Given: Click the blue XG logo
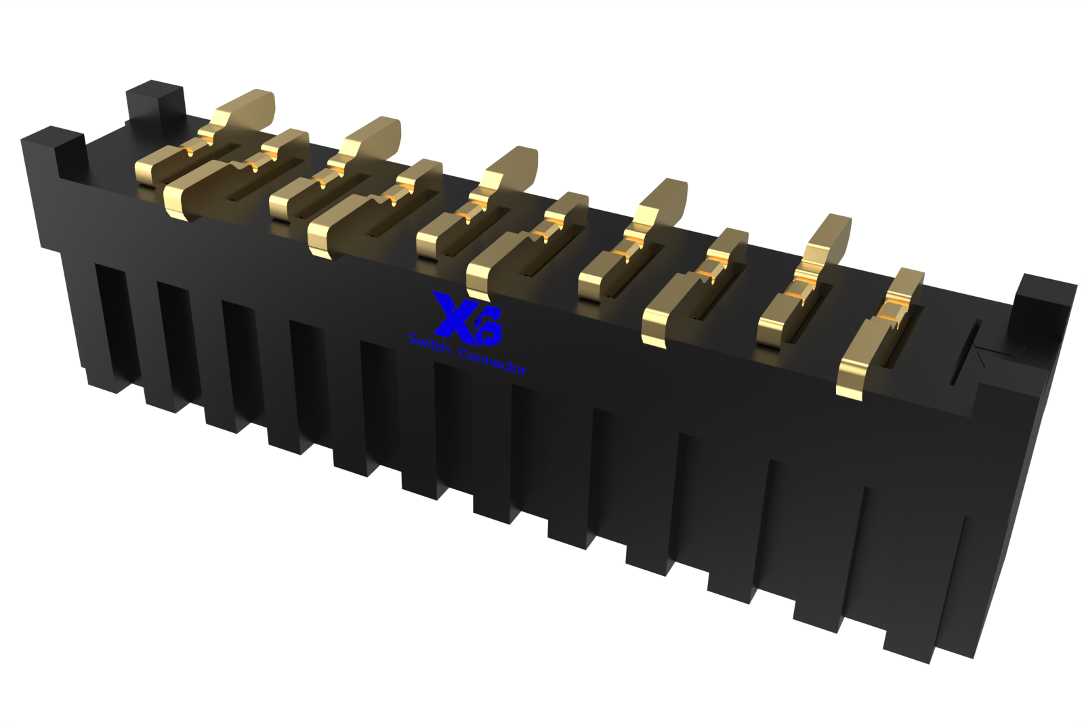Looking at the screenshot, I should tap(467, 316).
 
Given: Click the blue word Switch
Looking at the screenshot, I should tap(429, 344).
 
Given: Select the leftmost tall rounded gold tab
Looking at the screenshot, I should tap(248, 109).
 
